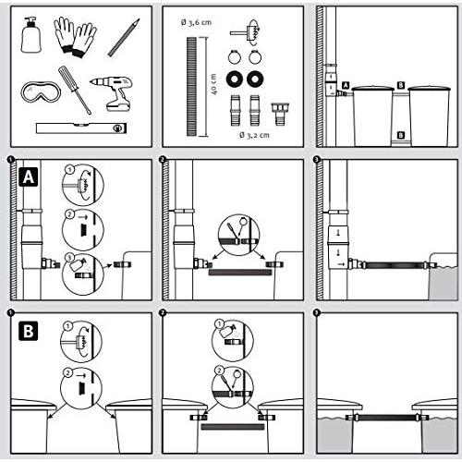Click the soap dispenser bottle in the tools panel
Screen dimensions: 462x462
point(30,35)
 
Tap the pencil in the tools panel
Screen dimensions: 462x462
point(124,38)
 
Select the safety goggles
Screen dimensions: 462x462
point(41,91)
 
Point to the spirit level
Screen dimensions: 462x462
point(81,128)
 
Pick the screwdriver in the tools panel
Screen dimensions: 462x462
point(75,90)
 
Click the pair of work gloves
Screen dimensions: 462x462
point(76,37)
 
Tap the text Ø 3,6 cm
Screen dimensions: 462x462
point(196,22)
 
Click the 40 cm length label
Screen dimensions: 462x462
point(214,84)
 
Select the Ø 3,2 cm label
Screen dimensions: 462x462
point(254,135)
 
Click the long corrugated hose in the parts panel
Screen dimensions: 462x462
point(191,87)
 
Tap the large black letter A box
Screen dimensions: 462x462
point(29,177)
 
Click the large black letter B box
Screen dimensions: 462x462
point(29,331)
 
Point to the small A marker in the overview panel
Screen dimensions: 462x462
point(346,85)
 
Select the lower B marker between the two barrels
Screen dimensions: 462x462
point(401,135)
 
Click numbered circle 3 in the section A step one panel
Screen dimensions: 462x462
point(69,258)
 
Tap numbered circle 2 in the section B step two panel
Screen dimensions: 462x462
point(220,371)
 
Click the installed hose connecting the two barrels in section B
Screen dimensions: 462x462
point(387,418)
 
